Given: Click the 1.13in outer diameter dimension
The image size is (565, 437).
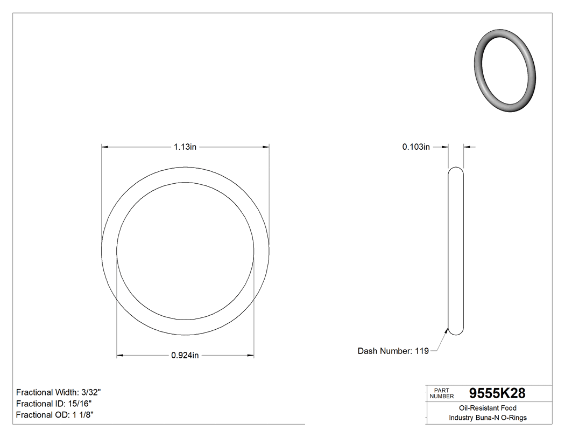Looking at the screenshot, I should tap(185, 147).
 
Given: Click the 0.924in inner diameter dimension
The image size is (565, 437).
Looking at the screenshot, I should tap(185, 356).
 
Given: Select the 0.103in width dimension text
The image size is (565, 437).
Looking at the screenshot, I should tap(416, 147).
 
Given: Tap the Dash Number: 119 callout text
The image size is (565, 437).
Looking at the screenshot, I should tap(393, 351).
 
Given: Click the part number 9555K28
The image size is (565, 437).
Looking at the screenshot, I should tap(497, 393).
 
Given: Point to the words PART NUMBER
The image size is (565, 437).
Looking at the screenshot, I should tap(442, 393).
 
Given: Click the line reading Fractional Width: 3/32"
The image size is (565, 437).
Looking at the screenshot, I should tap(59, 392).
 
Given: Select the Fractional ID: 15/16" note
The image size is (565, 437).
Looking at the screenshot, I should tap(54, 404).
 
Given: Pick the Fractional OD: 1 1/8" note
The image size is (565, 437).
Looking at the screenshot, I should tap(56, 415).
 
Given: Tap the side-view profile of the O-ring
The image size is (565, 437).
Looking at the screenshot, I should tap(456, 251).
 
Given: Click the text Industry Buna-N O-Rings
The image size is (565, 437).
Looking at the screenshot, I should tap(488, 418).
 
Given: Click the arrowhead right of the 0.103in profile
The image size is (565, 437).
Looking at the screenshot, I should tap(467, 147).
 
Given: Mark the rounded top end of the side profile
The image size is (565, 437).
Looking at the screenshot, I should tap(456, 170).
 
